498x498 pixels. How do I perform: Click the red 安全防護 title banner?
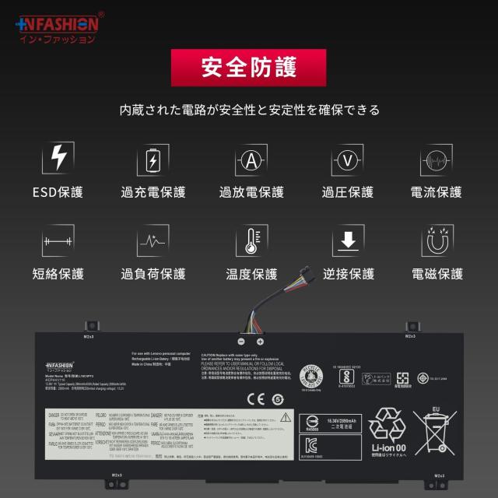[249, 68]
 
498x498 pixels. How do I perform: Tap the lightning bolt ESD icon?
[58, 159]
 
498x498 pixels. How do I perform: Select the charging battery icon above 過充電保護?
[153, 160]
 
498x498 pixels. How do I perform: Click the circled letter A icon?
[250, 160]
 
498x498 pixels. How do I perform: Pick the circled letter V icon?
[348, 160]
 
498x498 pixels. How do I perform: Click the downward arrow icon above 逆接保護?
[348, 240]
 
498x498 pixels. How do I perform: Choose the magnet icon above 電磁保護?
[437, 240]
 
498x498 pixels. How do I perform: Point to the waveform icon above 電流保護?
[437, 160]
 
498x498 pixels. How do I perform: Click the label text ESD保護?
[58, 192]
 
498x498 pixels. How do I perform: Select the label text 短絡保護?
[58, 274]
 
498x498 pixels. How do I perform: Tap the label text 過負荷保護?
[153, 274]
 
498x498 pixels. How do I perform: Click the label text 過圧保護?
[348, 192]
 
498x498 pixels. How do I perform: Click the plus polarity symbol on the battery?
[260, 341]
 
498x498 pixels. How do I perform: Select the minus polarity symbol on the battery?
[241, 341]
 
